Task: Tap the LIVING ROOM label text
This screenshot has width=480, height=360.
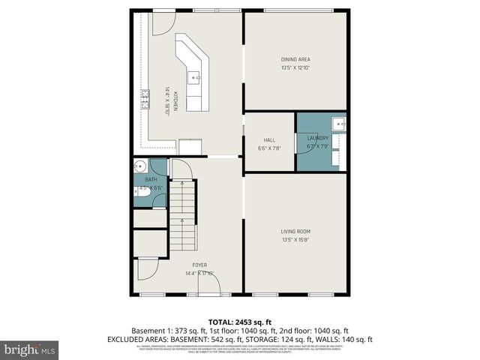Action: click(295, 231)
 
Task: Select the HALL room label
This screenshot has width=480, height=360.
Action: click(268, 139)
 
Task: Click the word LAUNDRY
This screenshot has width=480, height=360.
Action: click(319, 138)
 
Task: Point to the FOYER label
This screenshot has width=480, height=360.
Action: click(199, 265)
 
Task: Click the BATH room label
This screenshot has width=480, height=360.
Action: click(151, 179)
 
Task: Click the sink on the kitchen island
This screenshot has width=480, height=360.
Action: click(194, 76)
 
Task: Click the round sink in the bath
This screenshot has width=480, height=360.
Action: click(139, 167)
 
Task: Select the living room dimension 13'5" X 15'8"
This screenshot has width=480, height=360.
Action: click(295, 240)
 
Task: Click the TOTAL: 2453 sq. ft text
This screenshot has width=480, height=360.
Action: click(240, 321)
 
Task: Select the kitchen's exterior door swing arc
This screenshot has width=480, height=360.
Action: click(160, 22)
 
